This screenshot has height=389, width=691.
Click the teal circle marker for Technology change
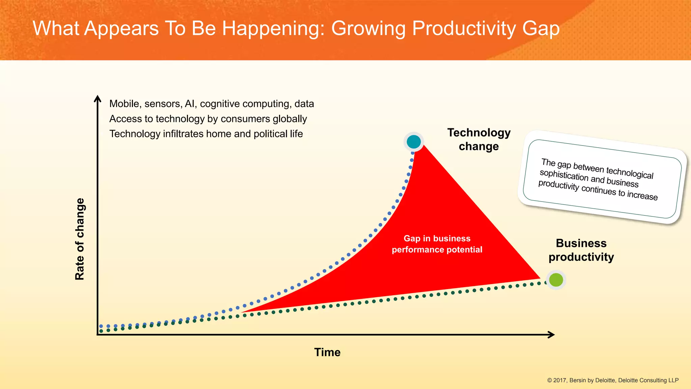pos(414,142)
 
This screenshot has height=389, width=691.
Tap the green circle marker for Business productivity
pos(556,280)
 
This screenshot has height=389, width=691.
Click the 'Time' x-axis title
pos(327,352)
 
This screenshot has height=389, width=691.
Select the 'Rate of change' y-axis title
pos(80,239)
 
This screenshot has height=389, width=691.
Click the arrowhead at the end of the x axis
pos(551,335)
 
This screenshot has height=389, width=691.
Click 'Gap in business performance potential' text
pos(437,244)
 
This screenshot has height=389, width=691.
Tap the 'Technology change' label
pos(479,139)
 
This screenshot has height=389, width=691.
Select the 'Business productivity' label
pos(581,250)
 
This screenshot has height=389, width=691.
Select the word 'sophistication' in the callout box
pos(564,175)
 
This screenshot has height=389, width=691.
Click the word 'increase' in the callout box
pos(642,196)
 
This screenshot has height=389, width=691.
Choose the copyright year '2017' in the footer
pos(560,380)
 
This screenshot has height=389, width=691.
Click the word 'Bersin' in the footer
pos(578,380)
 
